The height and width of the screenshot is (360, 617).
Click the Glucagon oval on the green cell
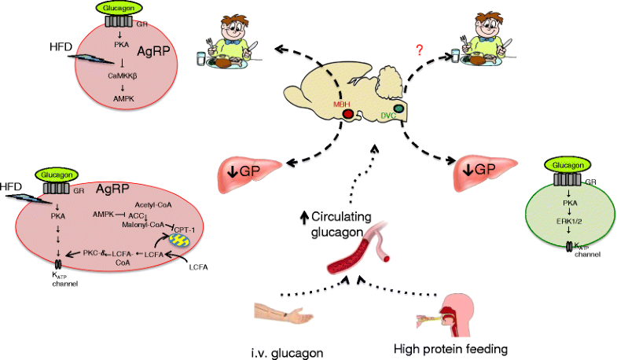click(556, 166)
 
